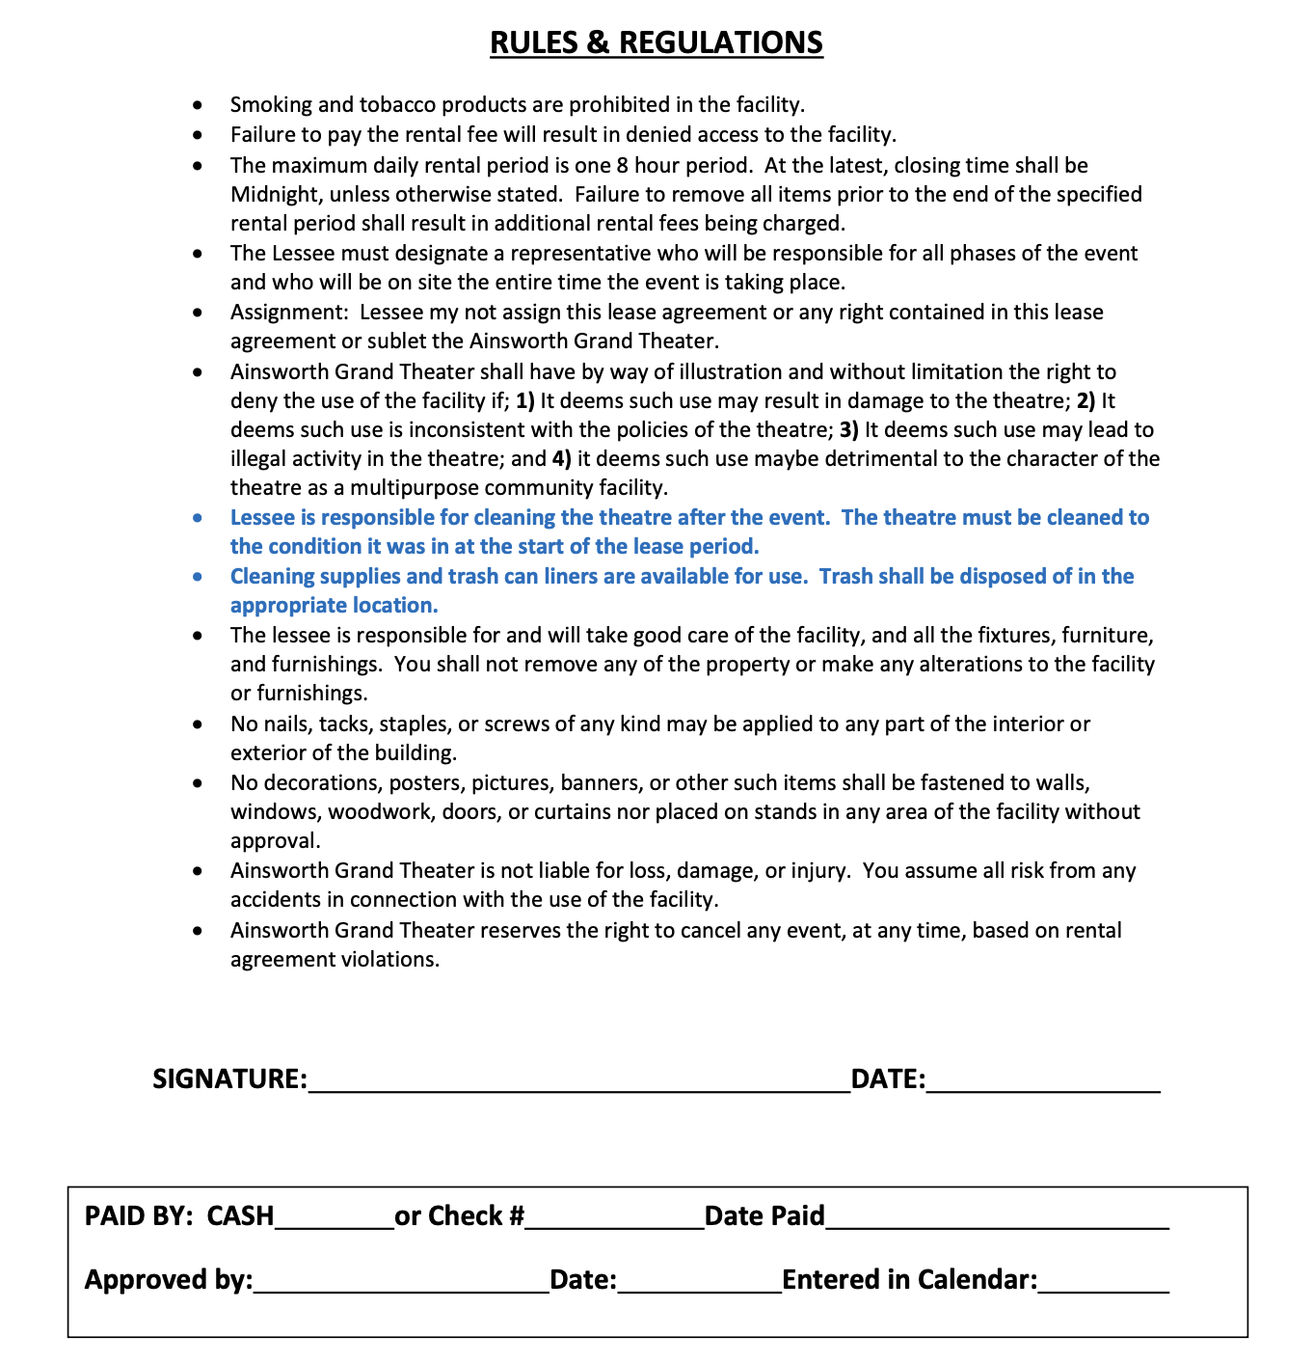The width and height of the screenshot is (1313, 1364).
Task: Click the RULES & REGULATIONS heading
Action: [656, 42]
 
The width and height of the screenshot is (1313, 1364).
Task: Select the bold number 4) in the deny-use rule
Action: [562, 458]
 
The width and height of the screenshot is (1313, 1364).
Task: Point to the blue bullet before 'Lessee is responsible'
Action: [198, 519]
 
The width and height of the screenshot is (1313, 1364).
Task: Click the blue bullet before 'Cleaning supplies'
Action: [198, 578]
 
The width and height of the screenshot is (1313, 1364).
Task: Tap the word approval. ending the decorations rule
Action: [276, 841]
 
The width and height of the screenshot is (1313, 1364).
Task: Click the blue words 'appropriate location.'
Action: [335, 606]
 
